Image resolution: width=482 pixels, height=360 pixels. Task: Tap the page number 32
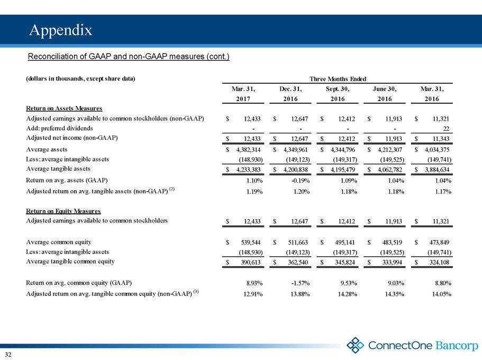(8, 355)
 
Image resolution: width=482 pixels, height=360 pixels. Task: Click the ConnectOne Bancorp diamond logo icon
(355, 345)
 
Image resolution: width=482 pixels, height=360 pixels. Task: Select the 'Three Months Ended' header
(338, 79)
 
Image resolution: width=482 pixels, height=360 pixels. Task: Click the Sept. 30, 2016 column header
(338, 94)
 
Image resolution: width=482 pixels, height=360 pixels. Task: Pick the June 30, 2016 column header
(385, 94)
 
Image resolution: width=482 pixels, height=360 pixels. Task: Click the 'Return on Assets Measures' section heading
(64, 109)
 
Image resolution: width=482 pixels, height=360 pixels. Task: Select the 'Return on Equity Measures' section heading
(63, 211)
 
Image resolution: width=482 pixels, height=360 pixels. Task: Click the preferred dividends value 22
(446, 129)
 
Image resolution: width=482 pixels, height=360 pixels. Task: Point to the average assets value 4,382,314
(248, 149)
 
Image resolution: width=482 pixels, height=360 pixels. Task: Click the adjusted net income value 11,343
(441, 139)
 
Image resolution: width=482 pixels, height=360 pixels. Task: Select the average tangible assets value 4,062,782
(390, 169)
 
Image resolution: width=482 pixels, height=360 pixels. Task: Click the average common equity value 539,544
(251, 242)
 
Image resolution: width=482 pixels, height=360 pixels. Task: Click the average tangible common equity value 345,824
(345, 263)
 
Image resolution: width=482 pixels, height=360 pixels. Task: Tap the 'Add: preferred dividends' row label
(59, 128)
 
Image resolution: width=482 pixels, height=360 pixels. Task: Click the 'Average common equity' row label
(59, 242)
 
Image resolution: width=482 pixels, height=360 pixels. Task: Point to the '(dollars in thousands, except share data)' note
(80, 78)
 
